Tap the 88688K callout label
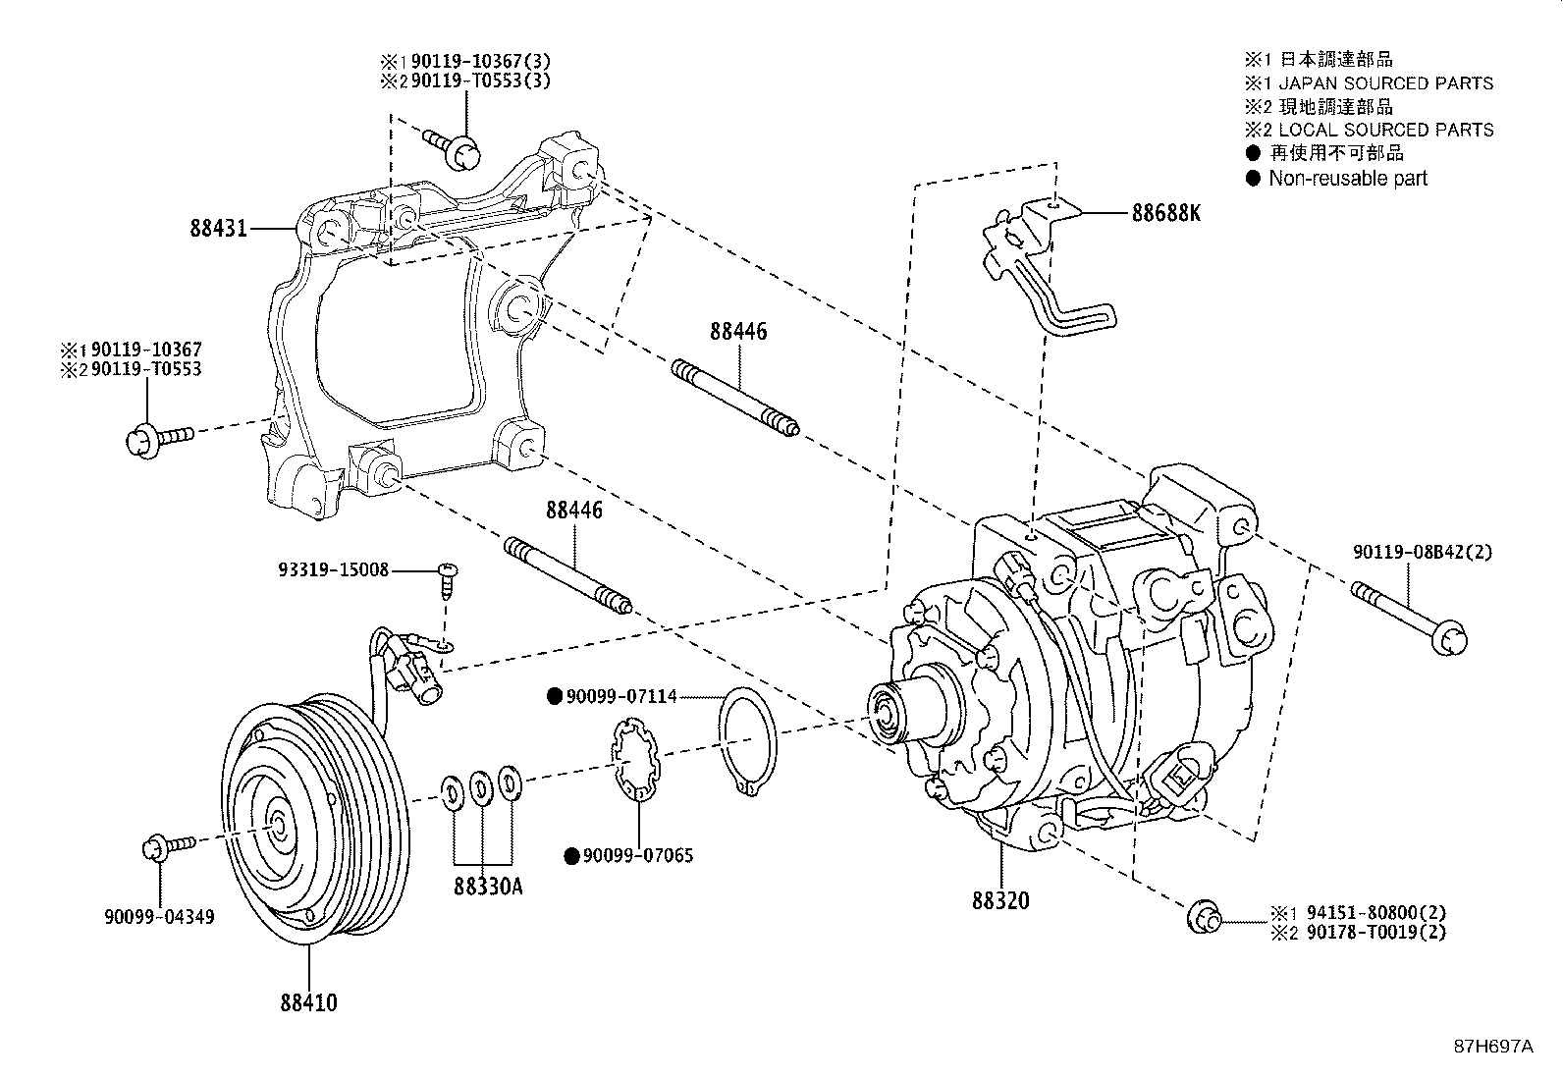[x=1165, y=212]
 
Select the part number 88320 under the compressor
[x=1000, y=899]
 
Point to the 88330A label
[x=488, y=887]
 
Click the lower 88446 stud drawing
[x=568, y=576]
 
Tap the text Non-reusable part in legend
[x=1347, y=179]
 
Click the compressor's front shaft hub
[x=888, y=710]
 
